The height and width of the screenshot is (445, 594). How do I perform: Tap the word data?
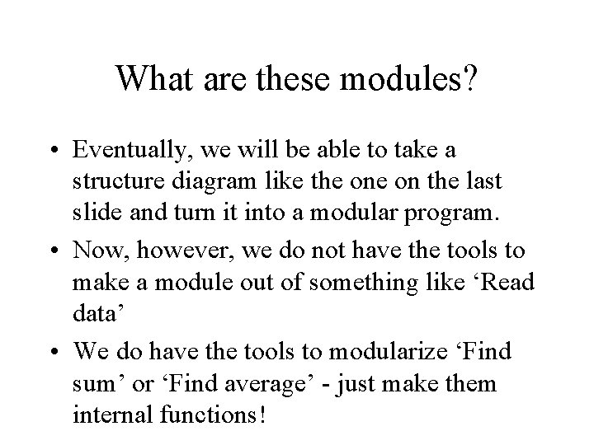(x=92, y=314)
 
